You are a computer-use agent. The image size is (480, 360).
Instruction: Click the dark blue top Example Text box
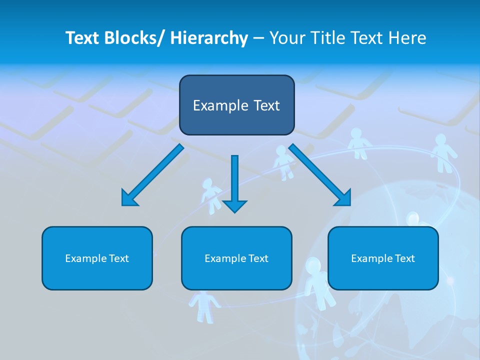click(x=236, y=105)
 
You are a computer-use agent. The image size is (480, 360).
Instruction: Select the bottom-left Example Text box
click(x=97, y=258)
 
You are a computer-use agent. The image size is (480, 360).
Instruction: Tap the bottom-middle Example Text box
click(x=236, y=258)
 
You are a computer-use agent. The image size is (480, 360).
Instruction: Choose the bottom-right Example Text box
click(x=383, y=258)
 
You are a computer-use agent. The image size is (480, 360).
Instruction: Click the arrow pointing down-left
click(x=152, y=175)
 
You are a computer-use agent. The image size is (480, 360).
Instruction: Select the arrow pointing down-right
click(x=320, y=175)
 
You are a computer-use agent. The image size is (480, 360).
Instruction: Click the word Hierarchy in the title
click(x=209, y=38)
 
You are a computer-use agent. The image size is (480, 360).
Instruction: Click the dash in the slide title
click(x=258, y=38)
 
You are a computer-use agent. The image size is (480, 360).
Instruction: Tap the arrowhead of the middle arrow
click(x=234, y=205)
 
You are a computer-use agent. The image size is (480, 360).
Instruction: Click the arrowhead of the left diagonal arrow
click(x=128, y=199)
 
